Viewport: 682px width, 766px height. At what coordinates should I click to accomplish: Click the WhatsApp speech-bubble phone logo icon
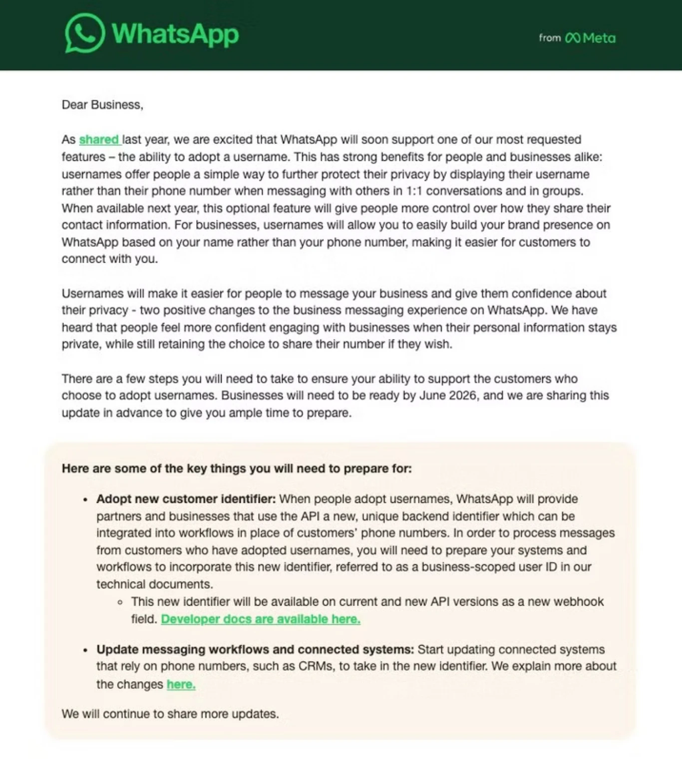point(84,33)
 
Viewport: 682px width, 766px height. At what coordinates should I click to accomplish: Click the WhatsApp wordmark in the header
point(175,34)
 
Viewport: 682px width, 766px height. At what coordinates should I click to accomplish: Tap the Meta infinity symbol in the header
point(572,38)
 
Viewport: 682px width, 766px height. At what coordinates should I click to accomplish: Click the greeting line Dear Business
point(102,105)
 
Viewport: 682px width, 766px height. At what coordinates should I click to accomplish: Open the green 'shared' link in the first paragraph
point(99,139)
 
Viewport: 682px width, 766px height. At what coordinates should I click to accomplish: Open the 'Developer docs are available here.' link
point(261,619)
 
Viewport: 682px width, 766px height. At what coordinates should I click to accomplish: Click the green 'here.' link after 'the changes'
point(181,684)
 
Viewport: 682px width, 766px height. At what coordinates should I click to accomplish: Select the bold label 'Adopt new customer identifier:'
point(186,499)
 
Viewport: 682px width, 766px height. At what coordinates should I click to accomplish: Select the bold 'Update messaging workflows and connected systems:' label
point(255,649)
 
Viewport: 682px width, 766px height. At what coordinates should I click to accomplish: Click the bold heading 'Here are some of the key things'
point(237,468)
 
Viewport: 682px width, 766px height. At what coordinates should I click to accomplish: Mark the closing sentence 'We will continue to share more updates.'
point(170,714)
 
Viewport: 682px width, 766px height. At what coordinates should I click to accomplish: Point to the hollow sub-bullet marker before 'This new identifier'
point(120,602)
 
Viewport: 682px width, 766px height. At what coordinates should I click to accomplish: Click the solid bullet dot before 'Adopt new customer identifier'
point(85,500)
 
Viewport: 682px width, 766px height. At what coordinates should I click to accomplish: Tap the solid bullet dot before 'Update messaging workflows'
point(85,650)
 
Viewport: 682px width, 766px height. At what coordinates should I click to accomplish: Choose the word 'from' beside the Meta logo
point(550,38)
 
